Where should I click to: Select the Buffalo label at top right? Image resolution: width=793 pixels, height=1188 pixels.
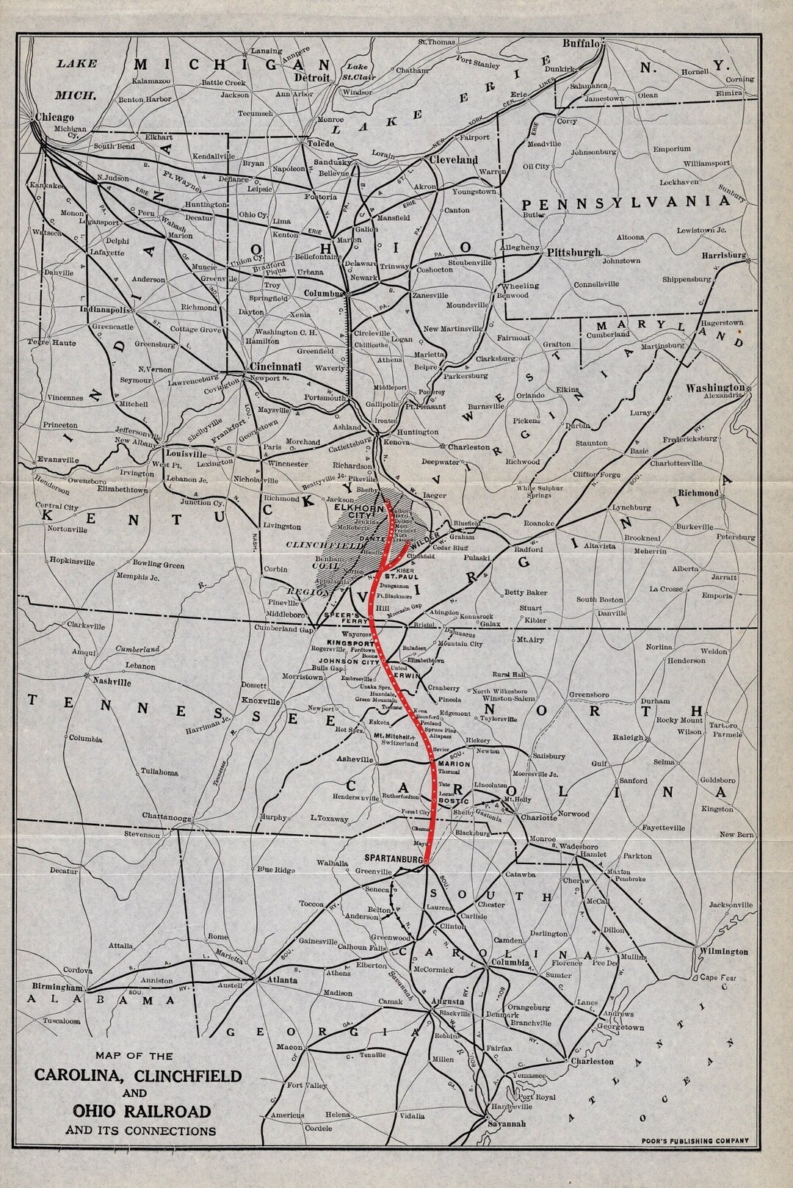pyautogui.click(x=582, y=43)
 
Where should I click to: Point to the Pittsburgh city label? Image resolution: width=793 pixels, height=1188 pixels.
pyautogui.click(x=575, y=253)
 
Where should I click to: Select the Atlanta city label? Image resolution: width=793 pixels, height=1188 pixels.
pyautogui.click(x=282, y=980)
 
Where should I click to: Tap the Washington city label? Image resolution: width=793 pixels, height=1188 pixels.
pyautogui.click(x=715, y=388)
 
